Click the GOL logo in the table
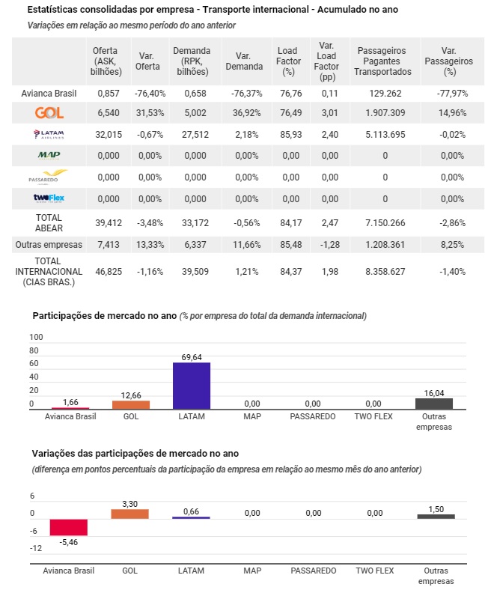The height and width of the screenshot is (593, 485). tap(49, 113)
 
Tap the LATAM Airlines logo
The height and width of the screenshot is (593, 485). tap(49, 134)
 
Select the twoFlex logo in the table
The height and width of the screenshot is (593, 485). tap(49, 198)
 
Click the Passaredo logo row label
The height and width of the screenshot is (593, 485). tap(48, 177)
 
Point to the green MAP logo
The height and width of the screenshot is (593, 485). tap(49, 155)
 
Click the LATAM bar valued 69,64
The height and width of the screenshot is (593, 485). tap(192, 386)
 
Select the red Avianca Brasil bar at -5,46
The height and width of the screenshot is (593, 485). tap(69, 527)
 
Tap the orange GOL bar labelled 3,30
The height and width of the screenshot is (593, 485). tap(129, 514)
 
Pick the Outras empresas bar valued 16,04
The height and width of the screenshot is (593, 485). tap(434, 404)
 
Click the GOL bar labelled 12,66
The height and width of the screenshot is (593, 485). tap(131, 404)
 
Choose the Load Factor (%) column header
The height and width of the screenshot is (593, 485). tap(288, 61)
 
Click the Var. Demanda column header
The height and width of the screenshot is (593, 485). tap(244, 61)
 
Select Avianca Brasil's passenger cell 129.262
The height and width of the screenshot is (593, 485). tap(385, 94)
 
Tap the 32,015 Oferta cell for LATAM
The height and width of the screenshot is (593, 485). tap(109, 135)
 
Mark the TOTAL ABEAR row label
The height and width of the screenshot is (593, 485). tap(49, 223)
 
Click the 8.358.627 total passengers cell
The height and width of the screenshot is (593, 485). tap(385, 272)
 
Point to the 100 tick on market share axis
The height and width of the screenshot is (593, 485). tap(36, 337)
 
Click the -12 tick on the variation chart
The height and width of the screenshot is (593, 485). tap(36, 548)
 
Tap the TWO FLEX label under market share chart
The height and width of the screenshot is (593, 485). tap(373, 416)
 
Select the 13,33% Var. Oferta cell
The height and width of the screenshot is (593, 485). tap(150, 245)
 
